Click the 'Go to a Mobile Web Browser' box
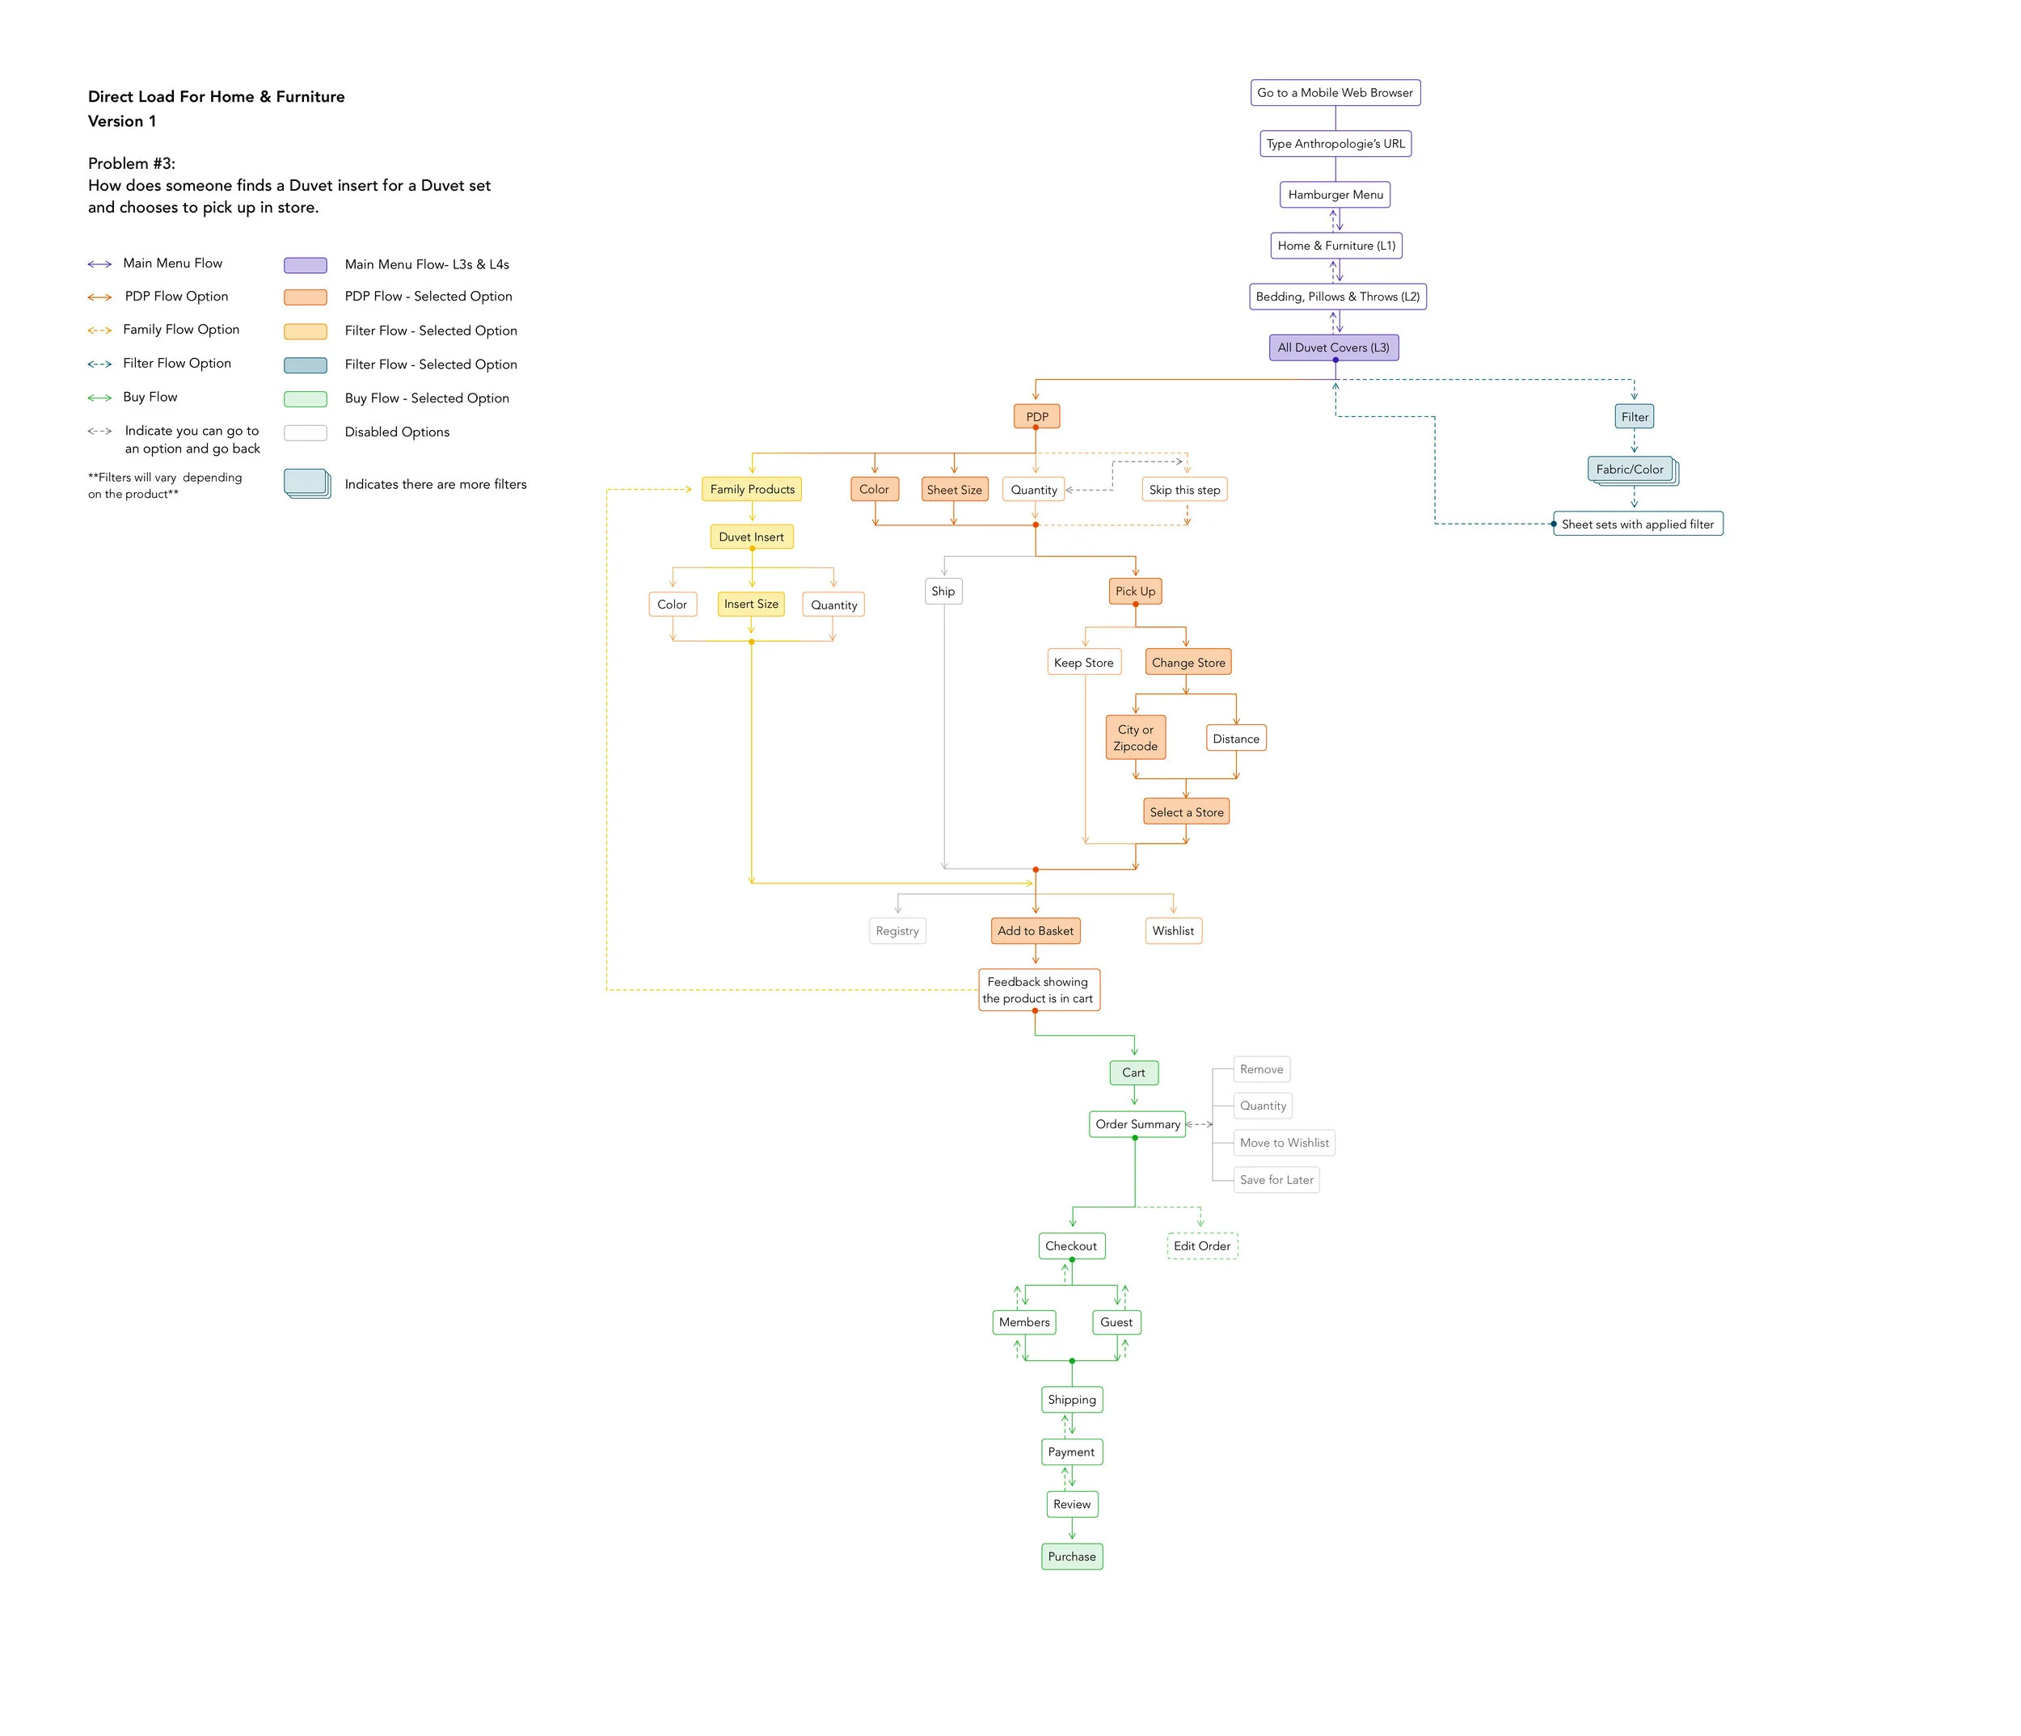click(x=1335, y=93)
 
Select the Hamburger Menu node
click(x=1335, y=195)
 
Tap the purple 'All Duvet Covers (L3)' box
click(x=1333, y=348)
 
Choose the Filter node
click(x=1634, y=416)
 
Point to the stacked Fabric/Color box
click(x=1630, y=469)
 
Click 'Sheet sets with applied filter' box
click(x=1638, y=524)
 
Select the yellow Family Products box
click(x=751, y=489)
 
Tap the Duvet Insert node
click(x=751, y=537)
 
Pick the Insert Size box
click(x=751, y=604)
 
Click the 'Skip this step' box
click(x=1184, y=490)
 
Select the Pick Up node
click(x=1134, y=591)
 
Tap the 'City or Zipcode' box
click(x=1134, y=737)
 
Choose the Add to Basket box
click(x=1035, y=930)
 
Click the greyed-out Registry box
click(x=897, y=930)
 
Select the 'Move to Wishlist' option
click(x=1284, y=1142)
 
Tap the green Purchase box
click(x=1071, y=1557)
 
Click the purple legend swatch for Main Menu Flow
click(x=306, y=265)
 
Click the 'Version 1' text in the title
click(x=122, y=121)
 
